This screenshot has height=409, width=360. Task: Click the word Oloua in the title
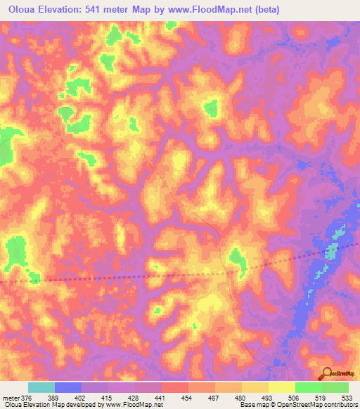tap(22, 10)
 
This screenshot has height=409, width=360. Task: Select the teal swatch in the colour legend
tap(41, 387)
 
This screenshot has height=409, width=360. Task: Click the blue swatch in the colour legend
tap(68, 387)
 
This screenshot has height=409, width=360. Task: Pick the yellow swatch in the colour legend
tap(282, 387)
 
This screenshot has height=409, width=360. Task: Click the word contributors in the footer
tap(340, 405)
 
